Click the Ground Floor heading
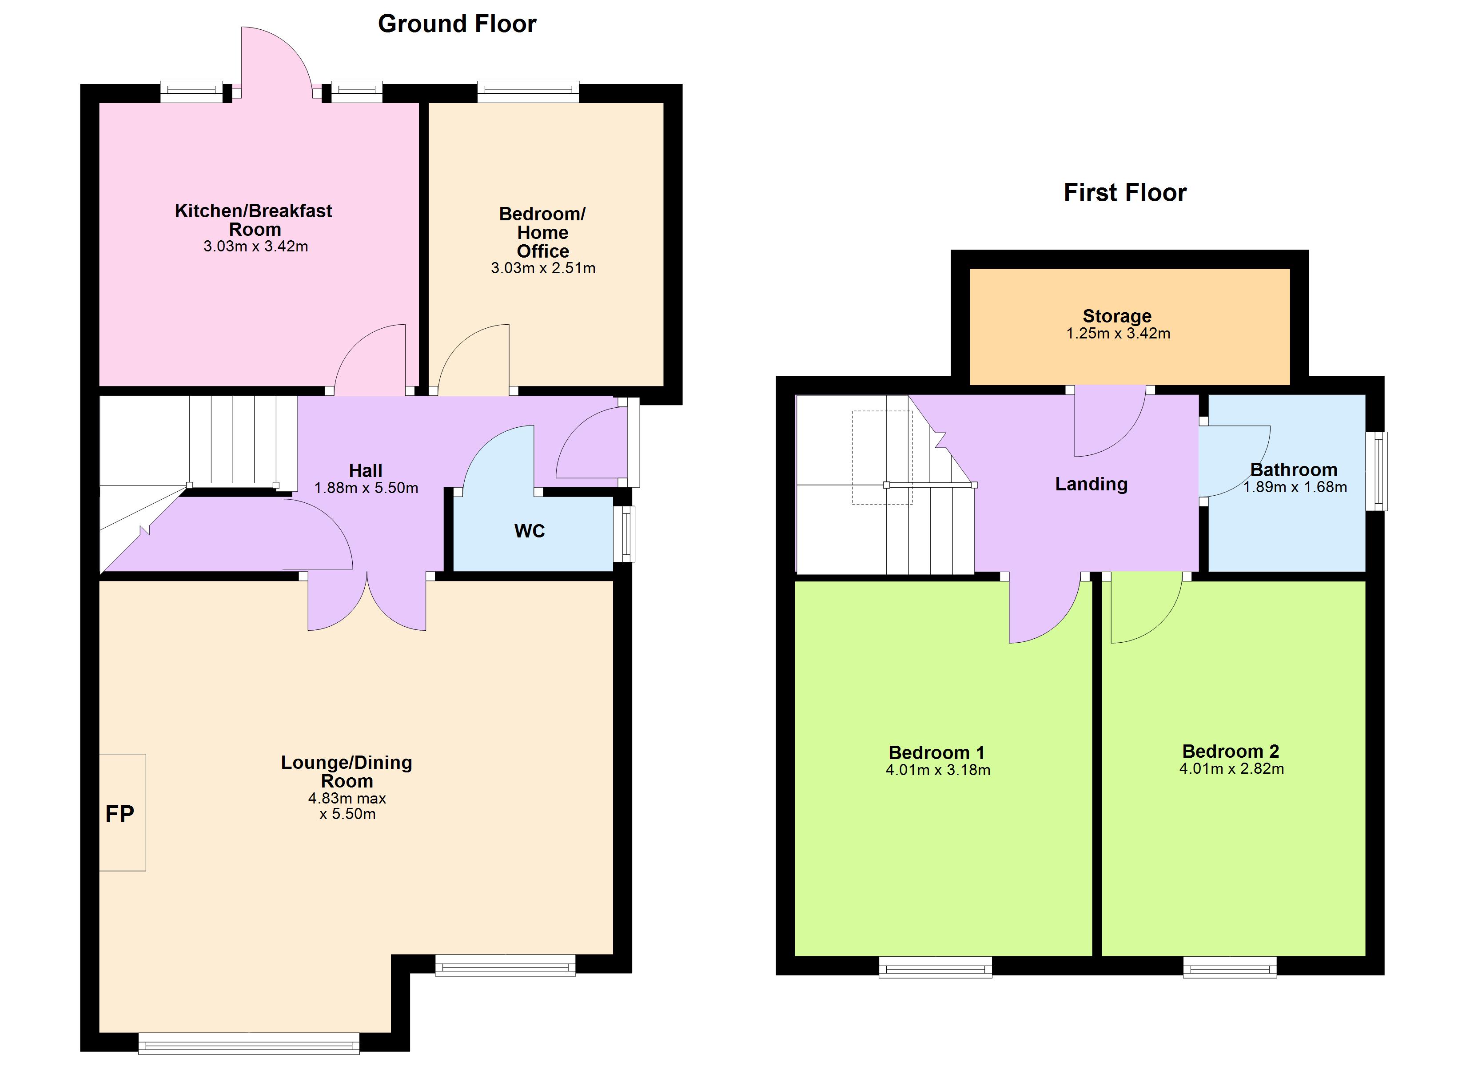(x=457, y=24)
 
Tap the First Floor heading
(x=1125, y=193)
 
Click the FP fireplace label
(x=120, y=814)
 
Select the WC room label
(x=530, y=531)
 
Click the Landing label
(x=1091, y=484)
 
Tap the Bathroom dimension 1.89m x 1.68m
(x=1295, y=487)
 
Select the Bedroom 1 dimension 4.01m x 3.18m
(x=938, y=769)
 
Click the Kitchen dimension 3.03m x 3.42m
(x=255, y=247)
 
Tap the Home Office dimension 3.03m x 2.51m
(x=543, y=268)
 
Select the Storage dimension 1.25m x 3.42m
(x=1118, y=333)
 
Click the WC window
(x=625, y=534)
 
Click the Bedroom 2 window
(x=1230, y=967)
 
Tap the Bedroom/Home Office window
(x=528, y=92)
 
